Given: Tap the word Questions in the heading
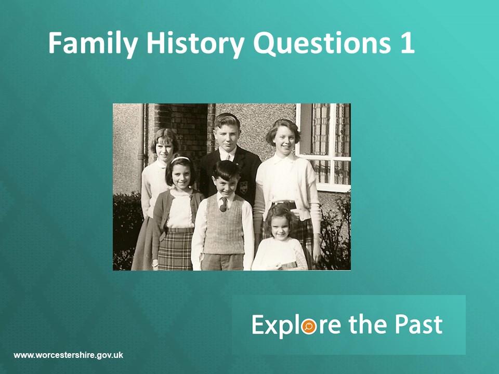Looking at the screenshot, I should tap(322, 44).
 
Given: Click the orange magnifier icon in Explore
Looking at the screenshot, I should tap(309, 326).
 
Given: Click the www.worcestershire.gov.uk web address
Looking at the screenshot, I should tap(68, 355).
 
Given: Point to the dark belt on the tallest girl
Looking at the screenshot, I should tap(285, 203).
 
